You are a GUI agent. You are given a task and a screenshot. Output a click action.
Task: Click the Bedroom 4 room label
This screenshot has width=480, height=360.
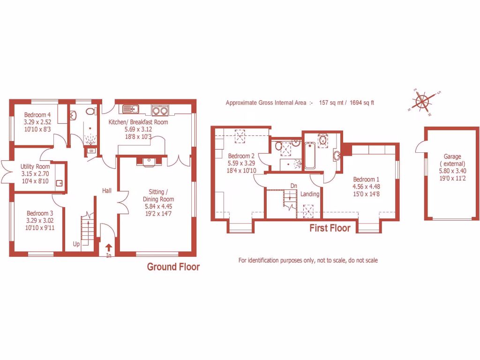[37, 115]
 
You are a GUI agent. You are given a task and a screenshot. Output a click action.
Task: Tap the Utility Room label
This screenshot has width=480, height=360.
[35, 166]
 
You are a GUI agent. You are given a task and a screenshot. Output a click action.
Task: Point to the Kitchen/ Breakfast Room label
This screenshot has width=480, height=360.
[138, 122]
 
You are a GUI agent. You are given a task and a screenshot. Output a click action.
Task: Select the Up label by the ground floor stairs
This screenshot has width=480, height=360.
[76, 244]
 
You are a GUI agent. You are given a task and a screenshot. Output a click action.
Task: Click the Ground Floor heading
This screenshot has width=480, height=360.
[173, 267]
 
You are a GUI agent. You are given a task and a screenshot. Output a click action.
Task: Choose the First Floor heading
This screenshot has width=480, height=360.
[330, 228]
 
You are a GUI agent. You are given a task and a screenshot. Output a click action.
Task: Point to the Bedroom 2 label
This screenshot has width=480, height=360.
[241, 157]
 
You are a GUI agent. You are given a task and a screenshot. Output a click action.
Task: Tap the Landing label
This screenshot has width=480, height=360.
[310, 194]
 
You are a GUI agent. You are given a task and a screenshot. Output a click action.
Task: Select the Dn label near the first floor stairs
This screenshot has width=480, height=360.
[293, 186]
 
